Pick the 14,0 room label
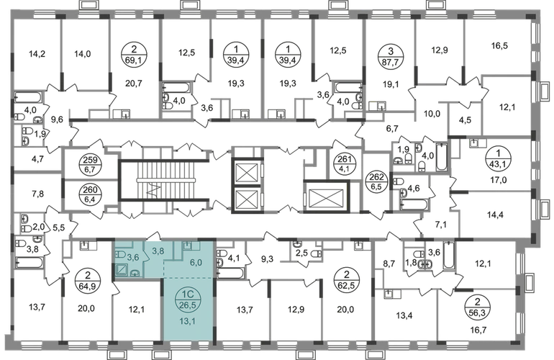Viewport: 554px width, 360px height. click(82, 52)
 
